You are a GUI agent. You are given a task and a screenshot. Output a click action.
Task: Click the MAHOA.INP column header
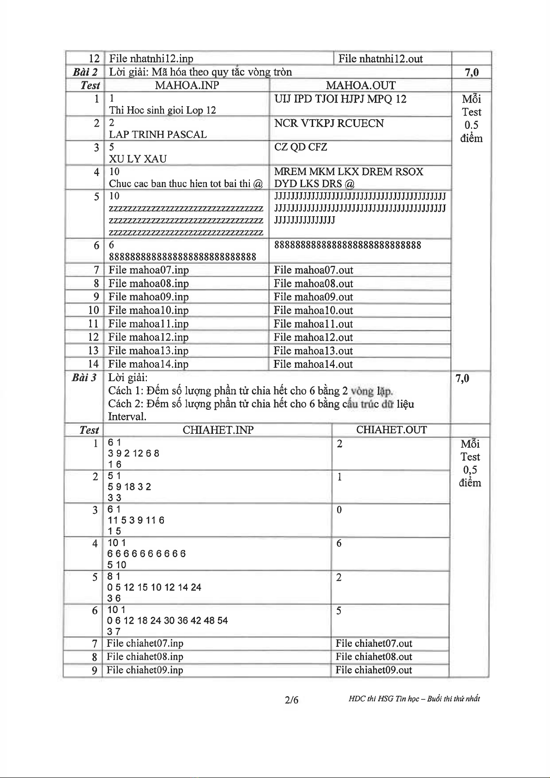187,85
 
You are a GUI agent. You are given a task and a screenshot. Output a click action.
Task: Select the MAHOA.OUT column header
360,85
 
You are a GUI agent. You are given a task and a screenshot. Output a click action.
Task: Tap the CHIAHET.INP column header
218,430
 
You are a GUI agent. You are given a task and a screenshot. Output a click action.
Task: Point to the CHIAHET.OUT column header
391,430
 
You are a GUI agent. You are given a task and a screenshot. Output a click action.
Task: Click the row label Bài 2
85,72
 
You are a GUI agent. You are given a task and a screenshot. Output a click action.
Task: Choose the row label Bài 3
84,378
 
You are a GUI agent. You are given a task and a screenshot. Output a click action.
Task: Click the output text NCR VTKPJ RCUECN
329,123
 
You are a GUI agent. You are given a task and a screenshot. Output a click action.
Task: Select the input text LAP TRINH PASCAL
157,134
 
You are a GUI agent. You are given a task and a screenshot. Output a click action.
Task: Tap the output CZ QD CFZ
301,147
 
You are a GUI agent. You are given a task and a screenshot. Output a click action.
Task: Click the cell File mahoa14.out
313,364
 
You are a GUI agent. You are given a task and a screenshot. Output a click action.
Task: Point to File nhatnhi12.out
381,59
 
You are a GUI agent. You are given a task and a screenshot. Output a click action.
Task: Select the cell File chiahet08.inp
145,656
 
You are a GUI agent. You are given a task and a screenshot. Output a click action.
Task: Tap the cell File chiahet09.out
374,670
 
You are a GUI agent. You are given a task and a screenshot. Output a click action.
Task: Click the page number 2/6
291,700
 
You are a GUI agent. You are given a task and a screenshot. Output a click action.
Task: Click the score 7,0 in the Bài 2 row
471,72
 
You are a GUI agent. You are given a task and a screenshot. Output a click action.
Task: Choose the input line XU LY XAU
138,159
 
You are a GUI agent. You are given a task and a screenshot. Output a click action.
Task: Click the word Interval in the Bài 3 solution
127,417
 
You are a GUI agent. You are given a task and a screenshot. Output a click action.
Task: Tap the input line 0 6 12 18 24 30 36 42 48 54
167,620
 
